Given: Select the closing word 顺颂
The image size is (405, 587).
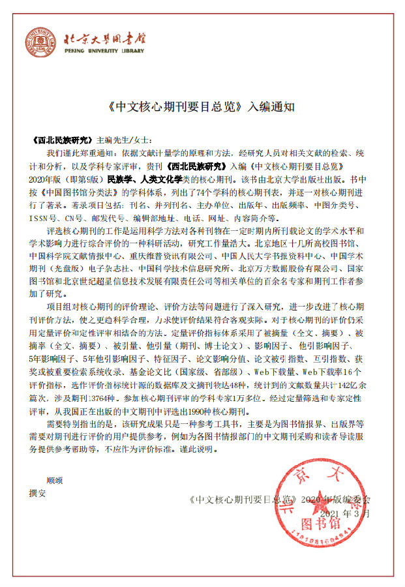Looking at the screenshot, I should click(x=54, y=481).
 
